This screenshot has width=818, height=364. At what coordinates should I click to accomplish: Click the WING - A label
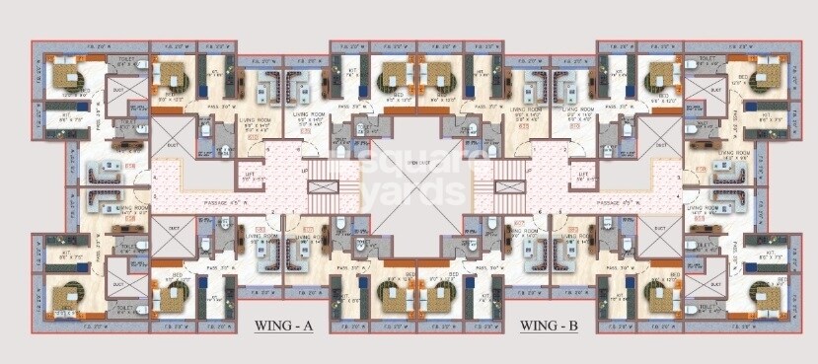pos(283,326)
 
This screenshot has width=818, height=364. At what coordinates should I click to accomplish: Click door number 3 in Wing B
pos(679,177)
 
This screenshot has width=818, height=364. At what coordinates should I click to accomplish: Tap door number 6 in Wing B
pos(541,212)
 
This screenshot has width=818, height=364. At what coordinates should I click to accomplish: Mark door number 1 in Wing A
pos(293,212)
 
